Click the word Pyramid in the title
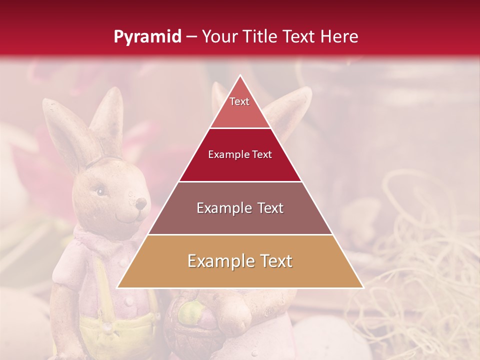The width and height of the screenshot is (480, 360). [x=147, y=36]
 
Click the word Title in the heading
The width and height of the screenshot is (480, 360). [x=261, y=36]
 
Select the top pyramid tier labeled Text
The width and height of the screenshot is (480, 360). [x=240, y=107]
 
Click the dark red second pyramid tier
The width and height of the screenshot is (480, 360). [x=240, y=155]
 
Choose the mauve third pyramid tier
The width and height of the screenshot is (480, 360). [x=240, y=208]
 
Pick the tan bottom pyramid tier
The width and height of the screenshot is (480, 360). [x=240, y=261]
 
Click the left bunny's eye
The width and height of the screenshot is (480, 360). [x=100, y=191]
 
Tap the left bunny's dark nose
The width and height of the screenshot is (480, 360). [x=141, y=203]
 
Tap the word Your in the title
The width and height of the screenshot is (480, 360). [x=219, y=36]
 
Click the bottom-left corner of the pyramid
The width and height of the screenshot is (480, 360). [x=117, y=288]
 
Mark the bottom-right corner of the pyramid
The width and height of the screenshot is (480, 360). [x=363, y=288]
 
